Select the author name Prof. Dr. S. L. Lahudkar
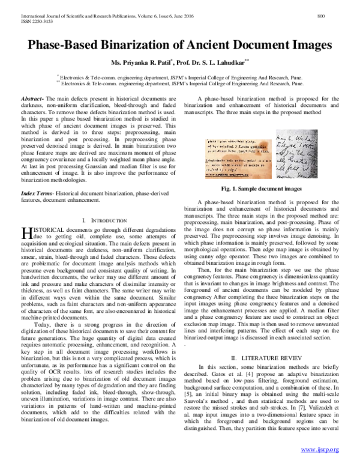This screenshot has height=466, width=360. click(208, 63)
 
